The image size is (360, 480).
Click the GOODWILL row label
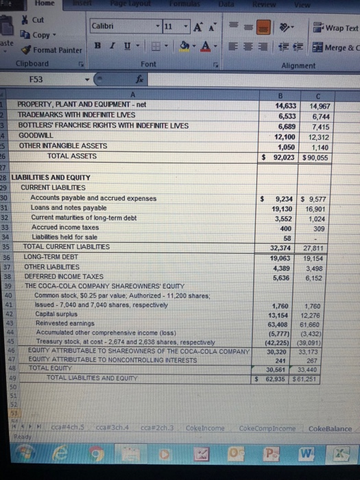(x=34, y=136)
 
